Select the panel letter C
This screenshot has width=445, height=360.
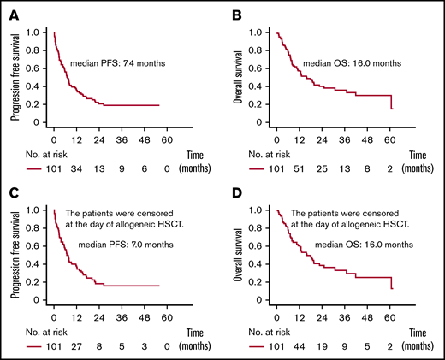14,196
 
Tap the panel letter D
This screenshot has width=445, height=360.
237,196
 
